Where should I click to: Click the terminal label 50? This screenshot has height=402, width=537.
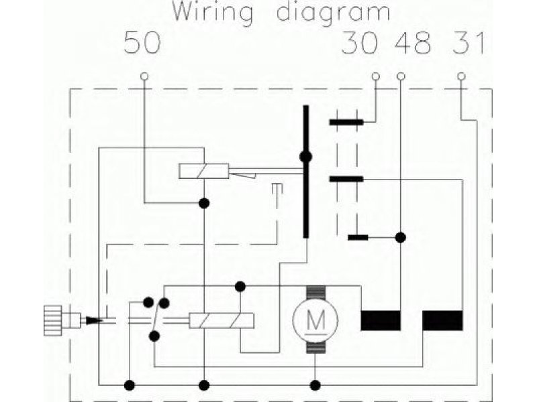coord(142,43)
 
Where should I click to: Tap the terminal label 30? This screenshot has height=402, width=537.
coord(360,43)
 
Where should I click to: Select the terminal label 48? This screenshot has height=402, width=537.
coord(413,43)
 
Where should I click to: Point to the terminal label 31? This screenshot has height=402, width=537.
coord(469,43)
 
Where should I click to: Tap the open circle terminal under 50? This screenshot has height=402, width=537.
coord(144,76)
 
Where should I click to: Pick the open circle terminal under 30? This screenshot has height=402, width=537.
coord(376,76)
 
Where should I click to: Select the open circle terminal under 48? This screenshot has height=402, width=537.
coord(401,76)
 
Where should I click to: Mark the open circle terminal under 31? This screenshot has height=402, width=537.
coord(461,76)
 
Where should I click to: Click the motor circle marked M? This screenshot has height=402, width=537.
coord(315,320)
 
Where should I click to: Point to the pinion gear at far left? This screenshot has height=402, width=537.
coord(53,320)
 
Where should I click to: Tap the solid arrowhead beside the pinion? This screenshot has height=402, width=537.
coord(94,321)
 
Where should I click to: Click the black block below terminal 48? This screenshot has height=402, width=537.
coord(381,321)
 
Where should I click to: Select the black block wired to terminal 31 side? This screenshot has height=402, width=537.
coord(442,321)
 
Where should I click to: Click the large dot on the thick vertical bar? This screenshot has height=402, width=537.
coord(306,157)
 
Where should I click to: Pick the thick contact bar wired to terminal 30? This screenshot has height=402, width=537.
coord(346,122)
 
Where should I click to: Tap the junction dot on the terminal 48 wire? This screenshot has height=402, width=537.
coord(401,238)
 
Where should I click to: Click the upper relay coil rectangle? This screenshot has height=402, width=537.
coord(204,171)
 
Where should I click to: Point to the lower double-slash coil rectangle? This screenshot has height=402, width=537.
coord(222,321)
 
